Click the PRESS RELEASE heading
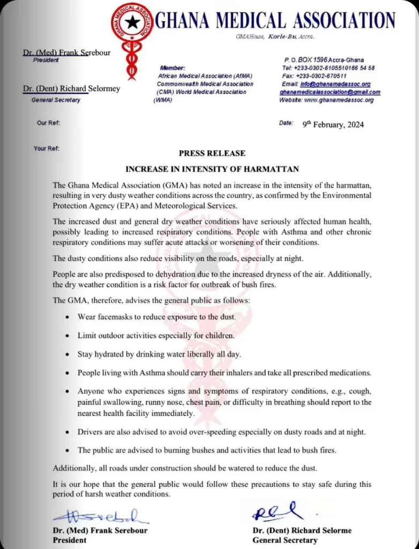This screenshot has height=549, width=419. [212, 153]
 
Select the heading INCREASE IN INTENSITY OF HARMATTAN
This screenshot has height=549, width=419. [212, 169]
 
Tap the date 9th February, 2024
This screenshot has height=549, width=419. [333, 124]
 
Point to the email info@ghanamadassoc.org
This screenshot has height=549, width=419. [335, 84]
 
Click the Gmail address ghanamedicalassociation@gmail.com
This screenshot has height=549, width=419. [330, 92]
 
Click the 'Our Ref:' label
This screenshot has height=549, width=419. [48, 123]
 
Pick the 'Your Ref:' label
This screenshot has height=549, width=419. [47, 149]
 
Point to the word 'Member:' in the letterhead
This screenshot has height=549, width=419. [172, 68]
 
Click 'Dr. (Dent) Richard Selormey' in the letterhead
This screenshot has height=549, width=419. [71, 89]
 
